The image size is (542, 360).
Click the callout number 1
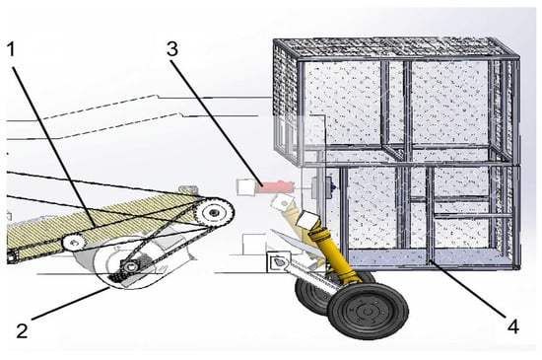[x=12, y=49]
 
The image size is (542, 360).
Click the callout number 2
[x=22, y=331]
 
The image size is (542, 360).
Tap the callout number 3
[x=172, y=48]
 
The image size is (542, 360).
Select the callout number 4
[x=513, y=326]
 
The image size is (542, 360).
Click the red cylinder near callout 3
[x=275, y=186]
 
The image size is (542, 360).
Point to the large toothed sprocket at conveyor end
[x=214, y=213]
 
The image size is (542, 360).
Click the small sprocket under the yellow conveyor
[x=74, y=244]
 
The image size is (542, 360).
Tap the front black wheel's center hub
[x=369, y=311]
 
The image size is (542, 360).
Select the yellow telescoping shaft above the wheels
[x=327, y=250]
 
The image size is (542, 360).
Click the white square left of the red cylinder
[x=246, y=186]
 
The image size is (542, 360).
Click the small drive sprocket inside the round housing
[x=130, y=266]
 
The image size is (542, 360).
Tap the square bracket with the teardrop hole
[x=279, y=261]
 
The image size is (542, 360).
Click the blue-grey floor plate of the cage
[x=429, y=258]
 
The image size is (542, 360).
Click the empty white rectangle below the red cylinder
[x=254, y=244]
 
